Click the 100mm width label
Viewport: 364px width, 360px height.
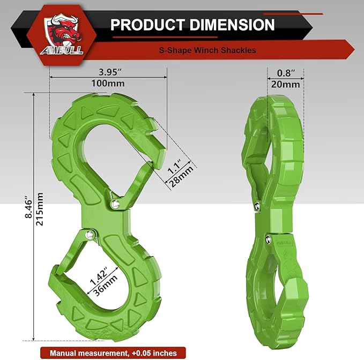108,84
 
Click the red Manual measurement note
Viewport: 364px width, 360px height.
114,352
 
